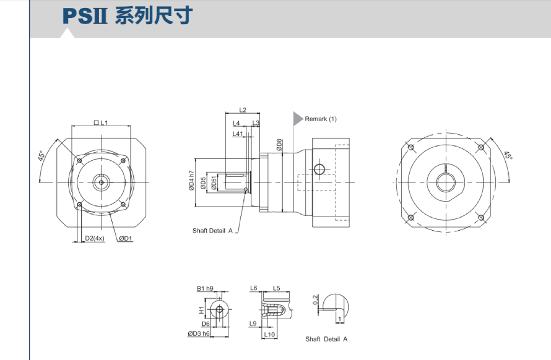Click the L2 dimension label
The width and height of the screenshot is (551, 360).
243,110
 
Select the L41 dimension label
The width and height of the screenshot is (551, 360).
237,134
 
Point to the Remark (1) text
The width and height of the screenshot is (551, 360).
321,119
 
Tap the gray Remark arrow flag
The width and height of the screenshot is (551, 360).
298,118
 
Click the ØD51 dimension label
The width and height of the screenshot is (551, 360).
214,183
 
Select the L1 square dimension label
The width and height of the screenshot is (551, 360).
101,123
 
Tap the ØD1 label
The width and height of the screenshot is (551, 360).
126,238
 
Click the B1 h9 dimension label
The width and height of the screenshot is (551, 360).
205,288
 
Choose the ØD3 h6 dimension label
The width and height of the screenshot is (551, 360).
199,334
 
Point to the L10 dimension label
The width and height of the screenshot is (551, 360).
269,335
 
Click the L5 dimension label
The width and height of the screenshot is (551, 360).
276,288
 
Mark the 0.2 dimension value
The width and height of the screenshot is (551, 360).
316,301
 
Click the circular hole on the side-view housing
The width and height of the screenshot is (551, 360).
319,169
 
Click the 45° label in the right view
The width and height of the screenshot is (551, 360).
508,155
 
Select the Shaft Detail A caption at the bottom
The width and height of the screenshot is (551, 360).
326,339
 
